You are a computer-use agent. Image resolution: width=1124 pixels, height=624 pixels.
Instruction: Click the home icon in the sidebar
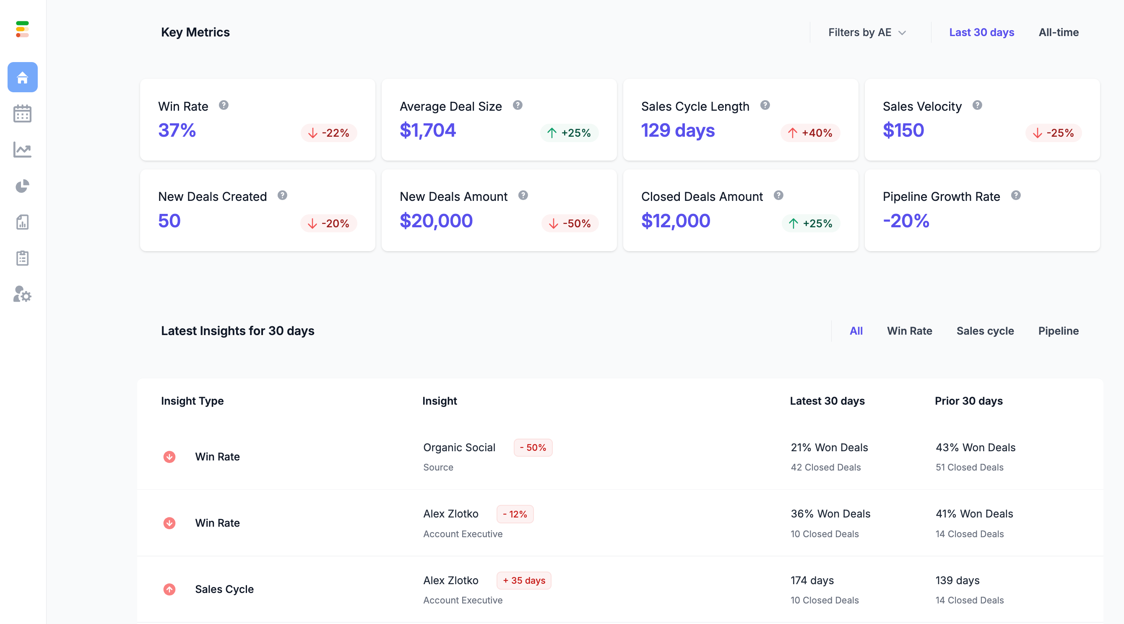click(22, 77)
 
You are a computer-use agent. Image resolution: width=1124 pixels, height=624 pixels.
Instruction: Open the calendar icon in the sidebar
click(22, 114)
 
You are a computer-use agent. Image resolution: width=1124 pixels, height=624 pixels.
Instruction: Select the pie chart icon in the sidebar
click(22, 186)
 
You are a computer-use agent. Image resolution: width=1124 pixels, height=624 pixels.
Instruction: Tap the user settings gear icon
click(22, 294)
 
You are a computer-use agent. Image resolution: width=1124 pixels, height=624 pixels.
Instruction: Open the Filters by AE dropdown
click(867, 32)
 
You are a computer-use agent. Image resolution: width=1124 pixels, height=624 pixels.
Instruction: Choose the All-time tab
click(1059, 32)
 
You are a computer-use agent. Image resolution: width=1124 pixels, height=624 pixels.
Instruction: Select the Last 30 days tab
click(981, 32)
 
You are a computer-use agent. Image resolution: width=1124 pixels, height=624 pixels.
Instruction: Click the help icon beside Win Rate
click(224, 105)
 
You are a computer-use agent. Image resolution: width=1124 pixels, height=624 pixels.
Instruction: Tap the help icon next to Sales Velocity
click(977, 105)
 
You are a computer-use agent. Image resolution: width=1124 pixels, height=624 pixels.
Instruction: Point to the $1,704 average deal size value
click(428, 130)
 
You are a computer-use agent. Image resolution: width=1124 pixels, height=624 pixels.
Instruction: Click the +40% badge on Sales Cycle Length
click(810, 133)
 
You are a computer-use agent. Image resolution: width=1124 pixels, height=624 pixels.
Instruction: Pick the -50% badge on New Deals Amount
click(570, 224)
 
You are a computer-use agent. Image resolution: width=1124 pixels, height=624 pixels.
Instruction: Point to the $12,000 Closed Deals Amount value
click(675, 221)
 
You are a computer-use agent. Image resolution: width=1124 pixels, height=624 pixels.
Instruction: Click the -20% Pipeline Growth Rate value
click(906, 221)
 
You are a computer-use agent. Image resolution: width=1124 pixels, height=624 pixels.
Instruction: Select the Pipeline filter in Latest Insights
click(1058, 331)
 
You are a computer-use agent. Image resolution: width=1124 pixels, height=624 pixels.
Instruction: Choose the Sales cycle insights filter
click(985, 331)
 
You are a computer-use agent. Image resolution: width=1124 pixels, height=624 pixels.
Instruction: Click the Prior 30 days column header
click(968, 400)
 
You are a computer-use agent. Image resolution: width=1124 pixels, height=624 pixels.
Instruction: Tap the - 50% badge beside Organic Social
click(533, 448)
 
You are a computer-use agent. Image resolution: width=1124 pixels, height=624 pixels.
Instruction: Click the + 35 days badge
click(523, 580)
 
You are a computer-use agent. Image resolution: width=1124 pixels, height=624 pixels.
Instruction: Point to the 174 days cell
click(812, 580)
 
